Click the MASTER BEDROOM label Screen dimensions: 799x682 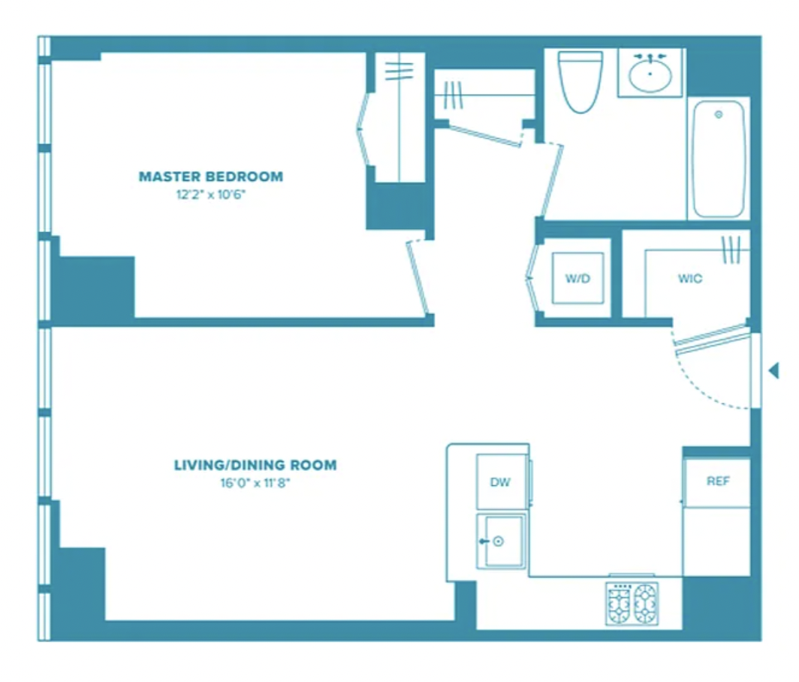pos(211,177)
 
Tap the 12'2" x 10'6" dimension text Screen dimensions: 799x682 pos(211,195)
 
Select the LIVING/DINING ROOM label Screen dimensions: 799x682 pos(255,465)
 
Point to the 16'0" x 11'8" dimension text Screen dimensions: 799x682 pos(255,482)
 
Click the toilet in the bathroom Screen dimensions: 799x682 pos(580,81)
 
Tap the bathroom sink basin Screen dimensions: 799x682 pos(650,75)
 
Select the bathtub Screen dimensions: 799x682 pos(719,158)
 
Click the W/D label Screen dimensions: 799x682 pos(578,279)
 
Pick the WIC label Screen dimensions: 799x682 pos(690,279)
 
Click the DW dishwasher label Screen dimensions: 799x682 pos(500,482)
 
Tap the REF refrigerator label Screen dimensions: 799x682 pos(718,481)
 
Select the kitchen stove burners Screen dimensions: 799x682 pos(632,604)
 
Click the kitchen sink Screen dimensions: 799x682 pos(501,541)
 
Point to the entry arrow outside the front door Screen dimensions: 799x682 pos(773,370)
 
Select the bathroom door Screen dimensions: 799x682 pos(551,180)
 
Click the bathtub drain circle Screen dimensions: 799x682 pos(719,114)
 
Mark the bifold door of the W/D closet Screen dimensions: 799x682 pos(532,279)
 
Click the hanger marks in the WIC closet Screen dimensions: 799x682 pos(731,249)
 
